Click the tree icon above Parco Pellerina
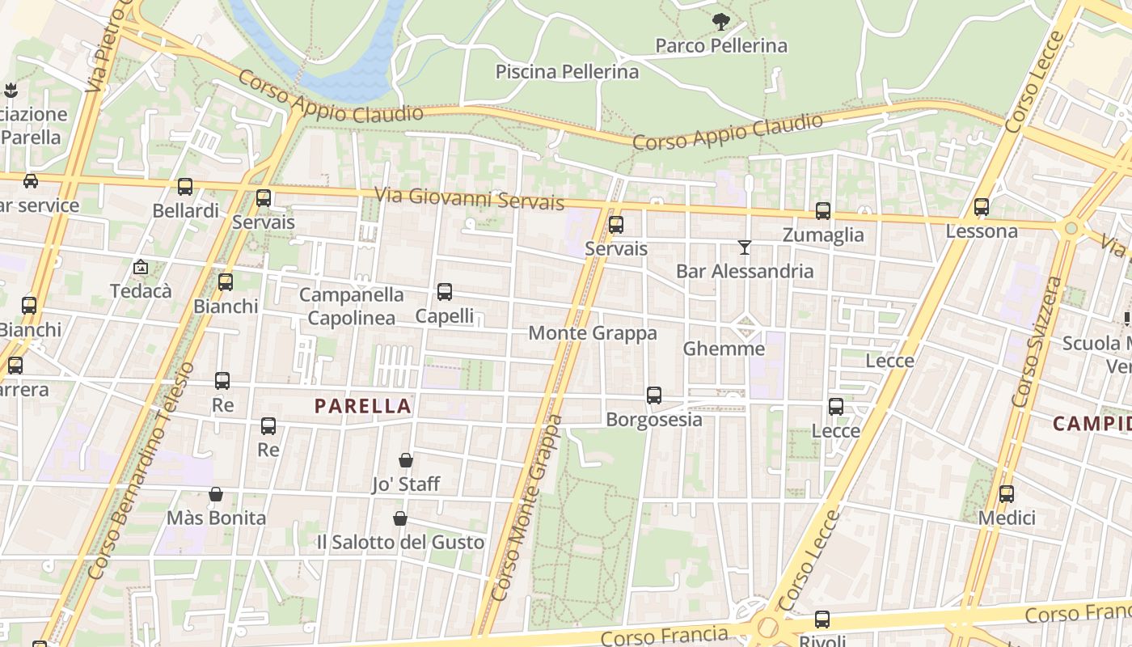720,22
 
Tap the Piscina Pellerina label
567,72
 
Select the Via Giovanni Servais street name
469,198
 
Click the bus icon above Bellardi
185,187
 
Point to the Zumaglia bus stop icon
823,211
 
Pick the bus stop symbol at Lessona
982,207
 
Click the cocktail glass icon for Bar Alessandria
745,247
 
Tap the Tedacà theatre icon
141,266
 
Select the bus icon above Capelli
444,292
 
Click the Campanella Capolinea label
351,307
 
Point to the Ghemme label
724,349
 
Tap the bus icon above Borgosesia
654,395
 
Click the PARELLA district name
363,406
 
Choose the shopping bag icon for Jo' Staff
406,460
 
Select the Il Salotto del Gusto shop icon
399,518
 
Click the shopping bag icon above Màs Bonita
216,494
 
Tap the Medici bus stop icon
1007,493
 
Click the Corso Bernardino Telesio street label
143,469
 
